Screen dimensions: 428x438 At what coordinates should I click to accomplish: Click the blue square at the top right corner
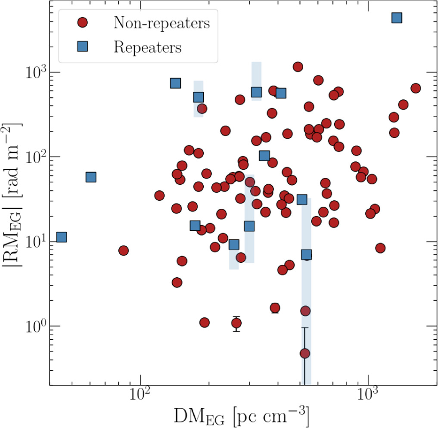coord(397,18)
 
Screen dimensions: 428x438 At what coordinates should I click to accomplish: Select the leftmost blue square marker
coord(61,237)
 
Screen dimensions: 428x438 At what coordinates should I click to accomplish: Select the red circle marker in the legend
coord(81,23)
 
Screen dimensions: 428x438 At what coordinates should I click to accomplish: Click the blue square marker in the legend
coord(81,47)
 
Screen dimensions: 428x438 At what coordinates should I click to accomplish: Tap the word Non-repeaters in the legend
coord(162,23)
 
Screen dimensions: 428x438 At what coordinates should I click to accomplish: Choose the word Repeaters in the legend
coord(147,47)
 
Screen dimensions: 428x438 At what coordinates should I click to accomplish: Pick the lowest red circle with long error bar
coord(305,354)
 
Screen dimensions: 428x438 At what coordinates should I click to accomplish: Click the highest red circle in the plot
coord(298,66)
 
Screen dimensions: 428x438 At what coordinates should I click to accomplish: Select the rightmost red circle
coord(416,88)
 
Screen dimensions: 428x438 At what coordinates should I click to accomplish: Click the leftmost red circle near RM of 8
coord(123,251)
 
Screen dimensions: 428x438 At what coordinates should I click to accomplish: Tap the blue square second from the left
coord(91,177)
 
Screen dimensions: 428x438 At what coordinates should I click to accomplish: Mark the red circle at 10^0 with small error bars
coord(236,323)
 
